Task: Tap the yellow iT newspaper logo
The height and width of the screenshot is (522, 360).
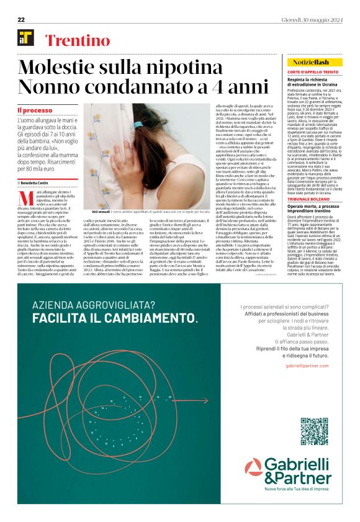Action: point(26,39)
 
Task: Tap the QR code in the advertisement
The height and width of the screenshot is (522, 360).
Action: point(313,431)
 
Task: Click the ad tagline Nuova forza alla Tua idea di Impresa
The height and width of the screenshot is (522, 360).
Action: point(297,491)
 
